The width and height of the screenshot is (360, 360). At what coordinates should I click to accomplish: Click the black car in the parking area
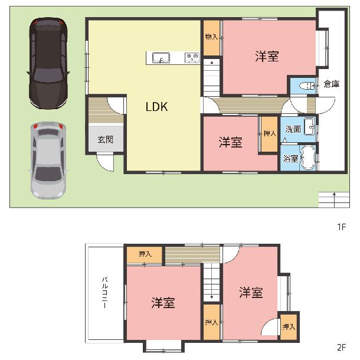click(48, 63)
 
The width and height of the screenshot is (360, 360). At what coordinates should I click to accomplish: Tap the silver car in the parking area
click(48, 161)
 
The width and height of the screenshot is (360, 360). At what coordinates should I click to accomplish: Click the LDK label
click(157, 107)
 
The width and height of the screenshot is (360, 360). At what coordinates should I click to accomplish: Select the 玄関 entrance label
click(106, 139)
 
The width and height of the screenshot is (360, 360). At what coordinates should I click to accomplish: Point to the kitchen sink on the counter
click(161, 58)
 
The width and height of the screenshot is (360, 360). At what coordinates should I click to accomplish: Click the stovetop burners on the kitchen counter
click(192, 58)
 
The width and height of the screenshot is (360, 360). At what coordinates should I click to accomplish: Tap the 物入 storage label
click(211, 37)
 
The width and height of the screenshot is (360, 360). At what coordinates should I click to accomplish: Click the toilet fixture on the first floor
click(307, 86)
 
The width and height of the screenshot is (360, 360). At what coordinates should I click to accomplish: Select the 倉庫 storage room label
click(332, 84)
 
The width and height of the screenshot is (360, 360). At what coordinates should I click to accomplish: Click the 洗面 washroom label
click(293, 129)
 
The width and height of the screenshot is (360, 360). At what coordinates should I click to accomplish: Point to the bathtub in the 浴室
click(308, 158)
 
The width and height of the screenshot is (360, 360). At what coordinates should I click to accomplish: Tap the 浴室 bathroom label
click(290, 158)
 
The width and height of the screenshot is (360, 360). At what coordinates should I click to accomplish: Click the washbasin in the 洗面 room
click(309, 126)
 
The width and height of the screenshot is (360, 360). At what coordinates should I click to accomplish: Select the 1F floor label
click(341, 227)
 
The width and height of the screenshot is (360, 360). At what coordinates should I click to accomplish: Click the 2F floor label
click(341, 348)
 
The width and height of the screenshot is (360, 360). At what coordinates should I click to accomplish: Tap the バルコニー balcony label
click(105, 293)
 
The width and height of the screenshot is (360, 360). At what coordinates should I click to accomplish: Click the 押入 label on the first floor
click(270, 133)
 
